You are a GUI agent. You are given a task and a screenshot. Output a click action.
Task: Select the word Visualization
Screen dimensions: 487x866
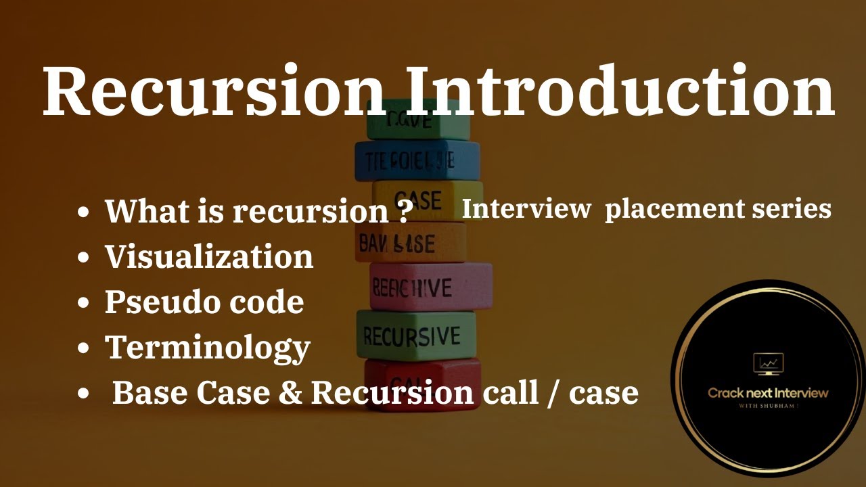[x=209, y=257]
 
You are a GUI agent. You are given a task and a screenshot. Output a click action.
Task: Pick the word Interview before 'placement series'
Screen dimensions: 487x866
[x=526, y=209]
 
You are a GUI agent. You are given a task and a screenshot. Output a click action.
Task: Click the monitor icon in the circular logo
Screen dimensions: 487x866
[x=768, y=364]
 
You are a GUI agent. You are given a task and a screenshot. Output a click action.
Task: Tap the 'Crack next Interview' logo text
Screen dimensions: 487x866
[x=768, y=393]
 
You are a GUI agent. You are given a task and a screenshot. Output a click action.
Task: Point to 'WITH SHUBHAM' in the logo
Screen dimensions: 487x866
[x=768, y=406]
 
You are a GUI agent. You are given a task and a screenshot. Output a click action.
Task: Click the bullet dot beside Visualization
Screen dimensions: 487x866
[x=84, y=258]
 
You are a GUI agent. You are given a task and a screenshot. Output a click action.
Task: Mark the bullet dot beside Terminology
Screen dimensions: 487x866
[x=84, y=349]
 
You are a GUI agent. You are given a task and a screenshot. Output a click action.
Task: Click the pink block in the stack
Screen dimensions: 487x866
[x=431, y=287]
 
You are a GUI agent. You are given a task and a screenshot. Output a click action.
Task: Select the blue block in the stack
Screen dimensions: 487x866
[x=417, y=160]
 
